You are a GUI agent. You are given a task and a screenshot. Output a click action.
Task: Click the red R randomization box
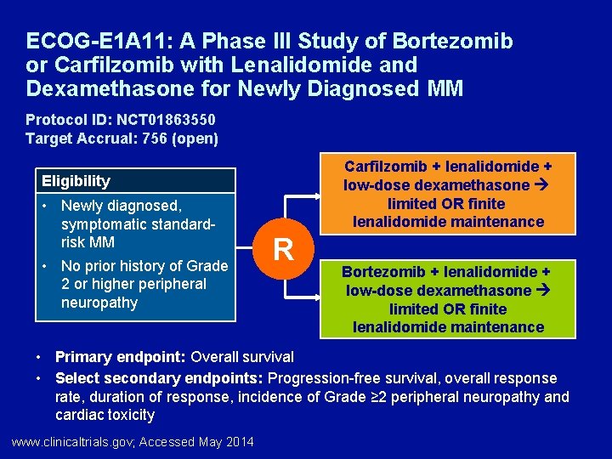click(283, 249)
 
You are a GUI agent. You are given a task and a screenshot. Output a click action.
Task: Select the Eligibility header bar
click(135, 180)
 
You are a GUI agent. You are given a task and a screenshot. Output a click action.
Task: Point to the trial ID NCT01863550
click(167, 120)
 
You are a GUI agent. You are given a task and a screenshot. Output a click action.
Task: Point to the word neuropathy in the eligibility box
click(99, 303)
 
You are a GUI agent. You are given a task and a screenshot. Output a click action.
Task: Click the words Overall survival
click(242, 357)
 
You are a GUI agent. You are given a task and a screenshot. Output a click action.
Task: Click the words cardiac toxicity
click(105, 415)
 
